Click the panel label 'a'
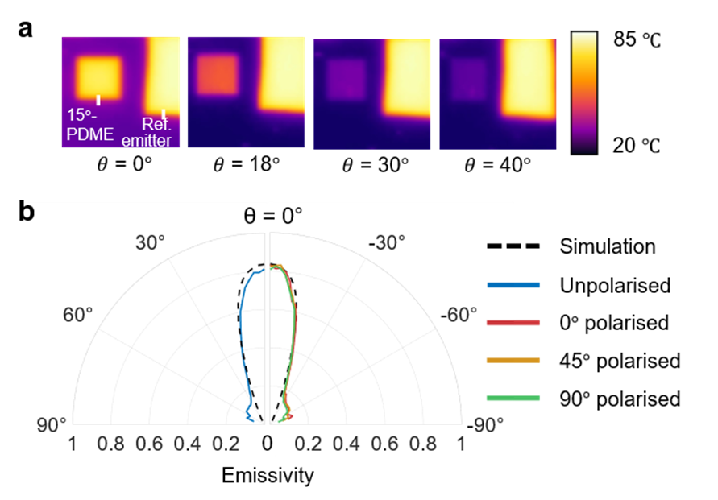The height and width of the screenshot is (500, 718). (27, 29)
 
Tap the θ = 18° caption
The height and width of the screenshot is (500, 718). (246, 166)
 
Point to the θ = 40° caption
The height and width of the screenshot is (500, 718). (497, 166)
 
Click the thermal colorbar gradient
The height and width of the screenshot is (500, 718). (583, 93)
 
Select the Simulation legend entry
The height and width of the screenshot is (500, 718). (607, 246)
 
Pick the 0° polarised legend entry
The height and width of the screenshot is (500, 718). (613, 323)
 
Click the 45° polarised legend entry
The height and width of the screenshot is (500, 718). (620, 361)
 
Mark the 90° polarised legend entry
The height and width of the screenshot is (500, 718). (620, 399)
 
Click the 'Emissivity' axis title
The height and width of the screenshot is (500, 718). (268, 476)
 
